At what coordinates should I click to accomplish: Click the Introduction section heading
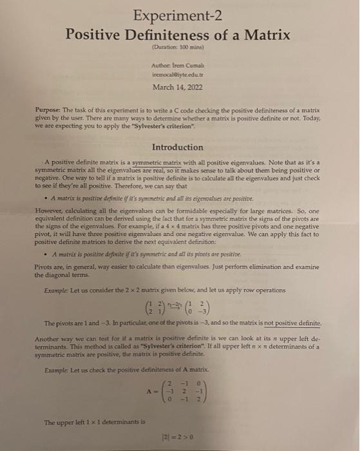180,148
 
